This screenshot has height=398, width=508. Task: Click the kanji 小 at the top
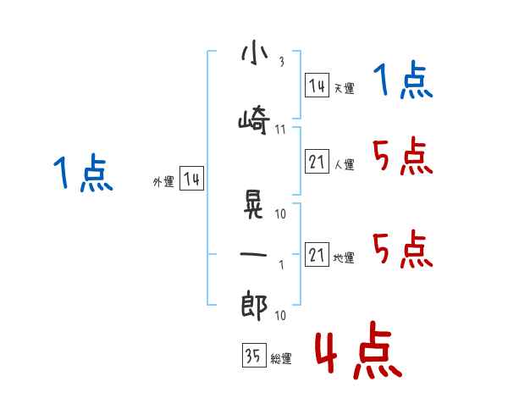point(255,53)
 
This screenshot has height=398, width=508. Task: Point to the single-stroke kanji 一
point(253,254)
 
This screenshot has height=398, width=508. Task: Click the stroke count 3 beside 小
point(282,62)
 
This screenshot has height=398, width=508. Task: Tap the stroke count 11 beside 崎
point(280,130)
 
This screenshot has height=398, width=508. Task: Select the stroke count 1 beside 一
point(282,265)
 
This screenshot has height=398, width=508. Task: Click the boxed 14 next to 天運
point(317,86)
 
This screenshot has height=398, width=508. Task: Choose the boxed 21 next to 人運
point(317,161)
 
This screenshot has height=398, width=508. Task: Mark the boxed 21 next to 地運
point(317,254)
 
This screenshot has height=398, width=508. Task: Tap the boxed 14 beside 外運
point(191,179)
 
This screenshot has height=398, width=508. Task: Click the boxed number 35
point(254,355)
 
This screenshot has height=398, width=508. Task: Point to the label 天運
point(344,88)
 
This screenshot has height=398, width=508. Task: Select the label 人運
point(344,164)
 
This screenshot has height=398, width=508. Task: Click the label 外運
point(163,182)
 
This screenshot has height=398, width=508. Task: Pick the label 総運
point(281,358)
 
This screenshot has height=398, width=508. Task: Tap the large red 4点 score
point(359,350)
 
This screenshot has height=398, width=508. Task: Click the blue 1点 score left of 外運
point(83,173)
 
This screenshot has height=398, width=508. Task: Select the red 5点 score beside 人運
point(403,156)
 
